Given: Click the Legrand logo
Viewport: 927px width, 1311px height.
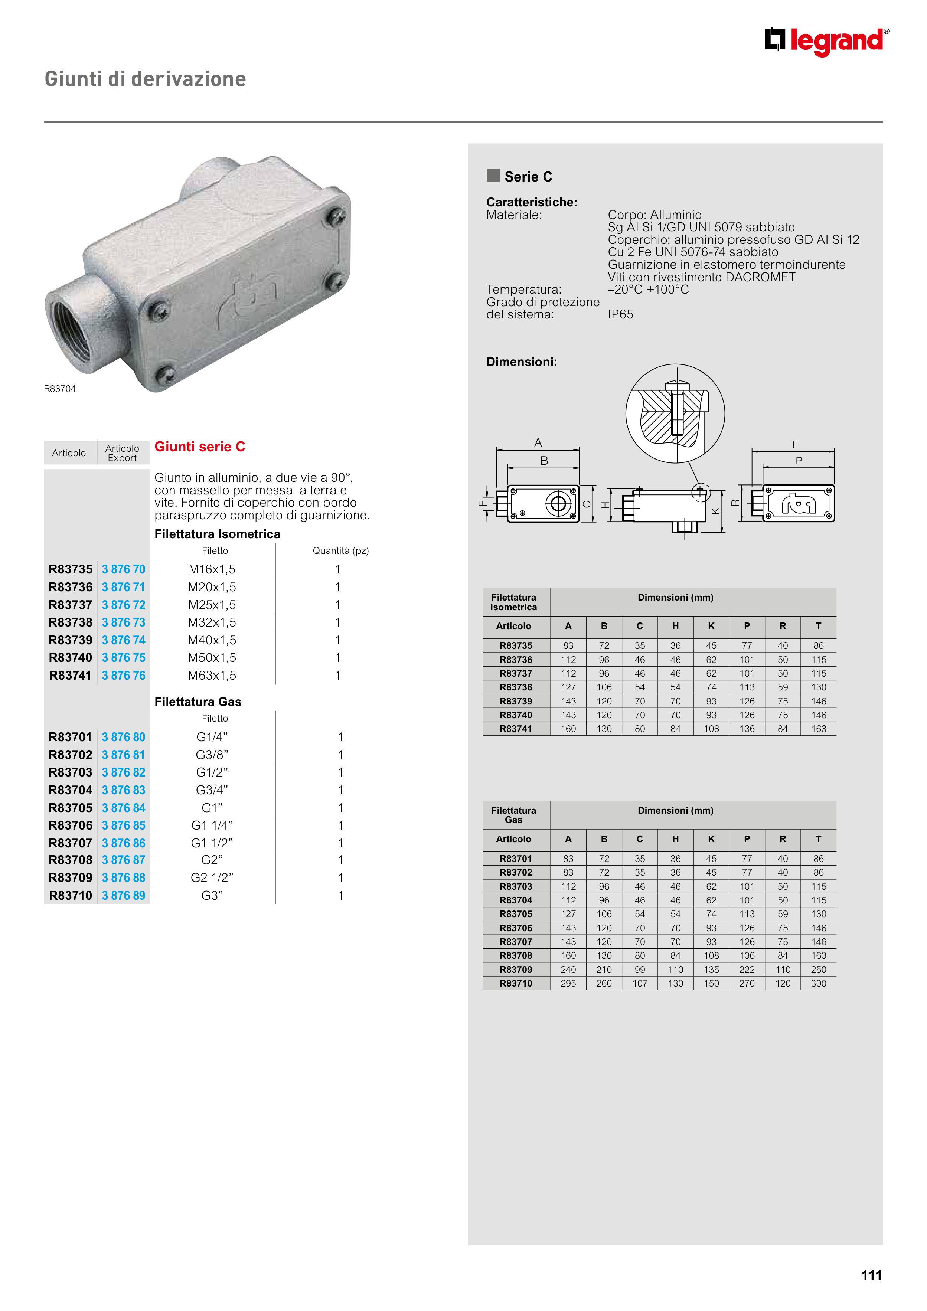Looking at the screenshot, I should (826, 41).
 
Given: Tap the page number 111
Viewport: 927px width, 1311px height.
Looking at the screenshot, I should (871, 1275).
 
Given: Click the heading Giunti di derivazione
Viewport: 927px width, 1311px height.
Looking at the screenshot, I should (145, 79).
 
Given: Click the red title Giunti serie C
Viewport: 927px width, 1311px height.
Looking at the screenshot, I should (199, 447).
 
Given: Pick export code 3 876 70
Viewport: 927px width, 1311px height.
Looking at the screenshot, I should (123, 569).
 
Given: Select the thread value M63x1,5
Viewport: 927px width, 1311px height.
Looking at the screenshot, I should (212, 676).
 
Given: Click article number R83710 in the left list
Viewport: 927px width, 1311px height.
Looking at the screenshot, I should (70, 895).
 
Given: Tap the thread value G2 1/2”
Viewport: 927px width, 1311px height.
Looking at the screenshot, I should (212, 877).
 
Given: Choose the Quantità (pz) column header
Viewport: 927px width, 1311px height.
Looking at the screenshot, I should (340, 550).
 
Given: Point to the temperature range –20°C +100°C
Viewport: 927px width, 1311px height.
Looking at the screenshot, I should (648, 290).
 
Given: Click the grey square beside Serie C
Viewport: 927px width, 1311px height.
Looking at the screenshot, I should (493, 175).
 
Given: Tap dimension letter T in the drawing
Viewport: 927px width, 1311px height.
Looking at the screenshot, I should (793, 444).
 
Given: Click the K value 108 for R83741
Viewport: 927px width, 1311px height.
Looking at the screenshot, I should (711, 729).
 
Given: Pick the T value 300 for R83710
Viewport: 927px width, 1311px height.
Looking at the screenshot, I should (819, 983).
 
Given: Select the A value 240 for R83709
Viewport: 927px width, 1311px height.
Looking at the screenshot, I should (568, 970).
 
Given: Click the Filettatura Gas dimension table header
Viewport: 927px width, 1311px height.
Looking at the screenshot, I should (513, 815).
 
